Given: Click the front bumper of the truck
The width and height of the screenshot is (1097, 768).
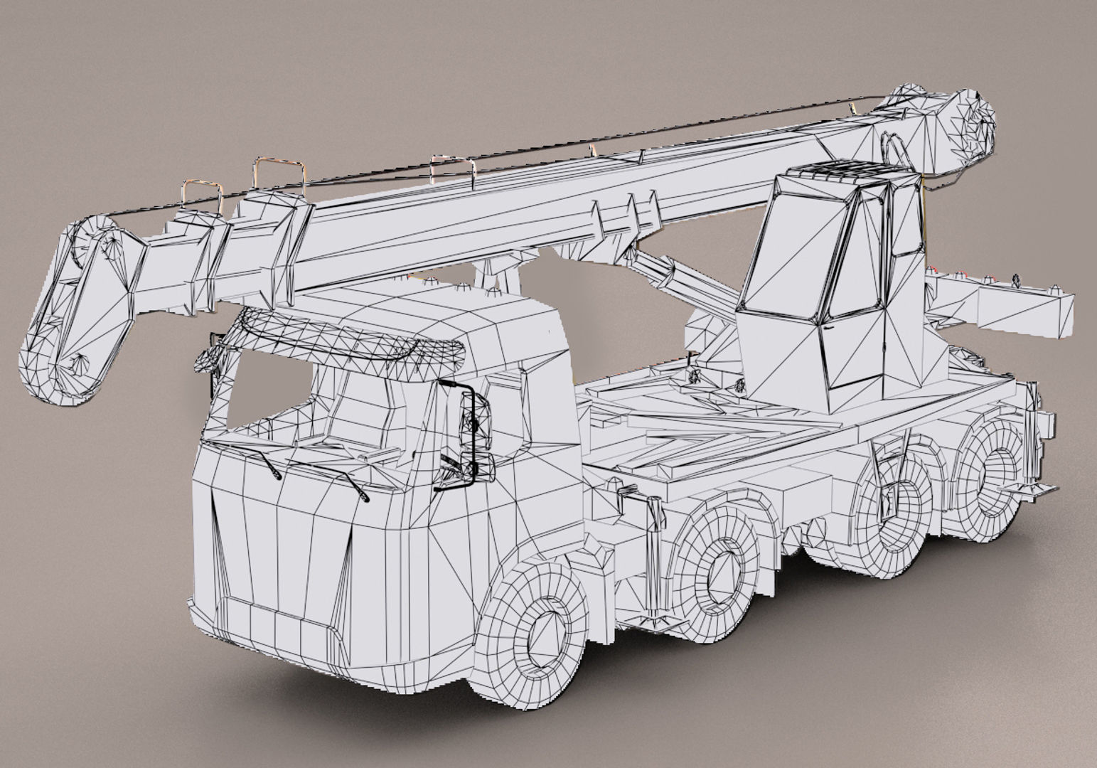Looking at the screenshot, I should click(284, 626).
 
